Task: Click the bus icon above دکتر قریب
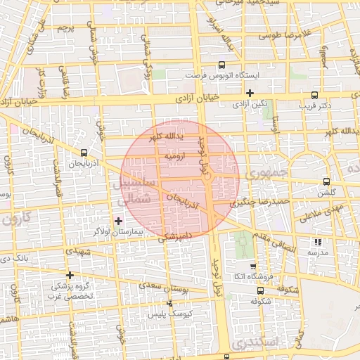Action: coord(314,94)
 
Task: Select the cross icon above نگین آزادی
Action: coord(250,92)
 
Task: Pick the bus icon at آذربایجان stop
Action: coord(84,152)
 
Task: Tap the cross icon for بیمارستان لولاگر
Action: coord(117,221)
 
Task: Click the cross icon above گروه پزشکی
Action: coord(69,275)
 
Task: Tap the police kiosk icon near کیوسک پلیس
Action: coord(169,304)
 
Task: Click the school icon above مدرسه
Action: coord(317,243)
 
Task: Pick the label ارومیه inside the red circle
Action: coord(174,157)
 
